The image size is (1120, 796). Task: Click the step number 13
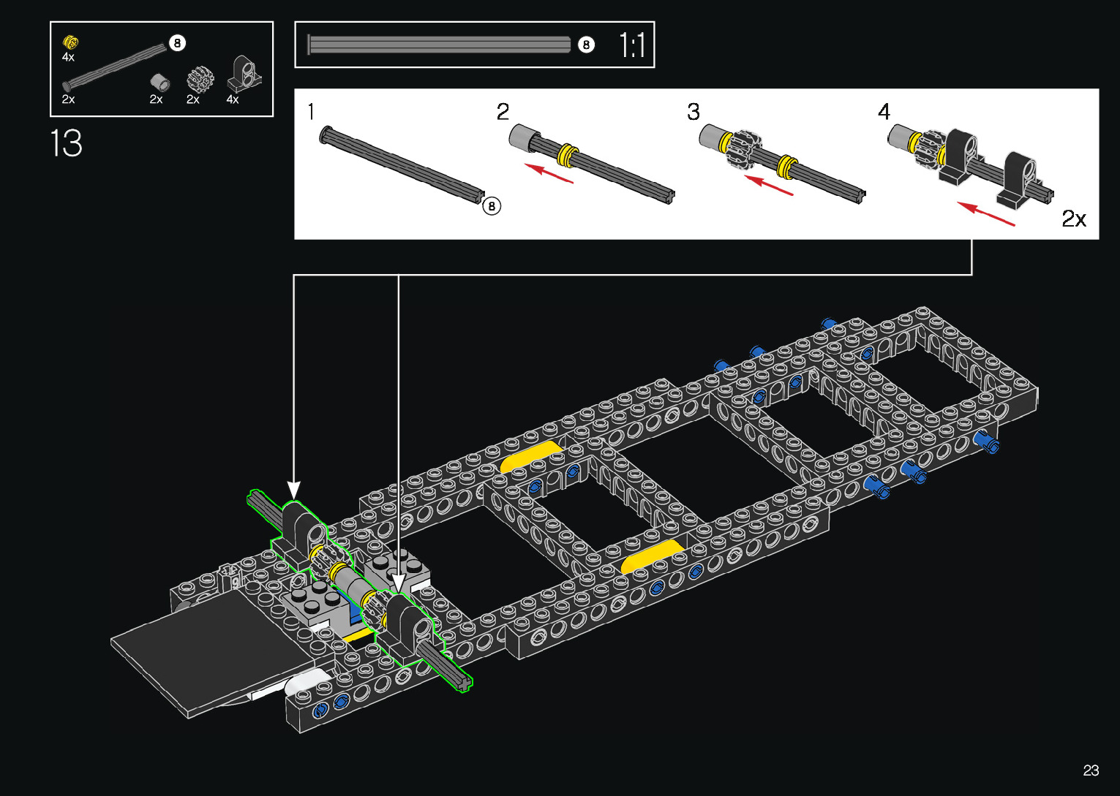pyautogui.click(x=66, y=143)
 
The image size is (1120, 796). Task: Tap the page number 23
pyautogui.click(x=1091, y=770)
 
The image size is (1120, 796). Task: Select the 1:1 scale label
pyautogui.click(x=632, y=45)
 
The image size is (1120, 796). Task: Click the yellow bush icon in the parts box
pyautogui.click(x=70, y=42)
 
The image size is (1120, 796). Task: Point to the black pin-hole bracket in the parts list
pyautogui.click(x=244, y=74)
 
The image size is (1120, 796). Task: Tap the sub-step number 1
pyautogui.click(x=312, y=111)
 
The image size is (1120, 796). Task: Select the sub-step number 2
pyautogui.click(x=503, y=111)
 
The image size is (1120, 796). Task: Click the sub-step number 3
pyautogui.click(x=693, y=111)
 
